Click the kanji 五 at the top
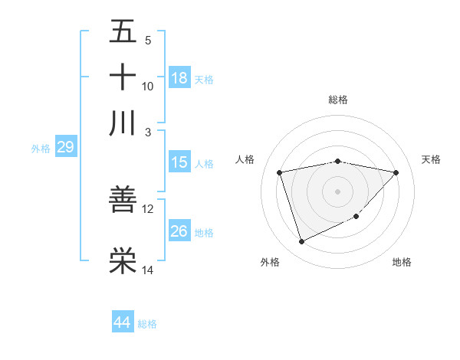pos(123,32)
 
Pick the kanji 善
pos(123,200)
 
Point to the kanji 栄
pos(123,261)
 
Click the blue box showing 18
pos(179,78)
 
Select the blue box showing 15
pos(179,162)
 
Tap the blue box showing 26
pos(179,231)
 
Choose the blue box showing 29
pos(65,147)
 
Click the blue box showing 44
pos(122,322)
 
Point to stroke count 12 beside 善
pos(148,208)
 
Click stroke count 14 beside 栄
pos(148,270)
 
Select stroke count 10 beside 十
pos(148,86)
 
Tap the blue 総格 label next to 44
pos(147,324)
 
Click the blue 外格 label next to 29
pos(41,149)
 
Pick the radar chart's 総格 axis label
pos(338,100)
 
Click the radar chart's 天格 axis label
pos(432,159)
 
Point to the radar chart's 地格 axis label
pos(402,262)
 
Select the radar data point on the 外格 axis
pos(301,242)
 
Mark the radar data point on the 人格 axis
pos(280,172)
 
